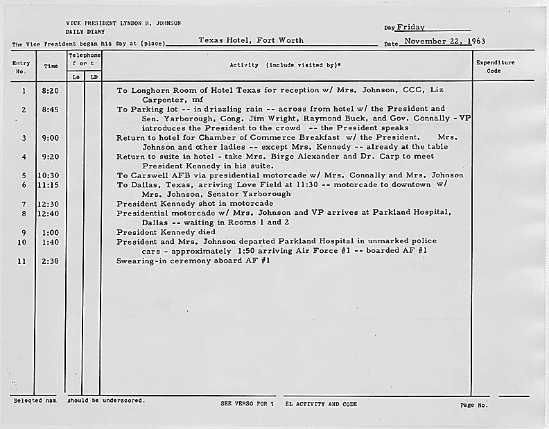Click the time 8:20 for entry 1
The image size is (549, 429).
coord(51,91)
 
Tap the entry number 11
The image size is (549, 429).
coord(23,261)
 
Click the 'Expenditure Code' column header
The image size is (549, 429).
coord(495,67)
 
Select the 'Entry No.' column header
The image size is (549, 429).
coord(21,67)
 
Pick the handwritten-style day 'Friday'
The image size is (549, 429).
coord(411,28)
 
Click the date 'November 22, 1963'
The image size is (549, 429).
coord(445,41)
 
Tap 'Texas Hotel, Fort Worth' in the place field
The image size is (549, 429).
coord(251,40)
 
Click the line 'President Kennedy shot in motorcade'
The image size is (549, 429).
coord(195,204)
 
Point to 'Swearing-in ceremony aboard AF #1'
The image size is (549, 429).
coord(193,261)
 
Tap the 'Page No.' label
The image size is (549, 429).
coord(474,405)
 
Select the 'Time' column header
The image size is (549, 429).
coord(51,67)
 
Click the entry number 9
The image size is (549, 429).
coord(24,232)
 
